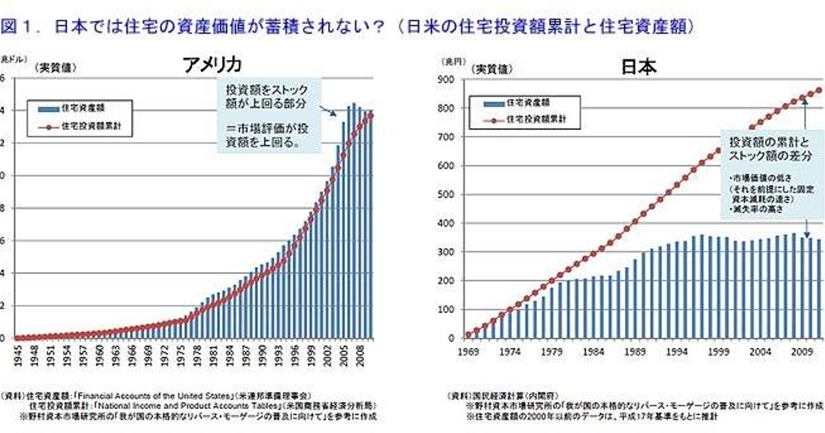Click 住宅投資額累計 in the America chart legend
click(87, 126)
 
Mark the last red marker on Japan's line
click(819, 90)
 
